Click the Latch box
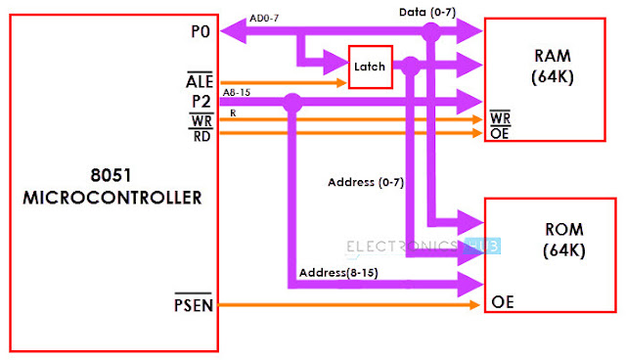click(x=370, y=68)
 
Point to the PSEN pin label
click(x=194, y=308)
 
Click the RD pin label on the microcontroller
click(x=202, y=135)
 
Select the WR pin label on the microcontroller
click(x=202, y=118)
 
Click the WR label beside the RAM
click(x=499, y=118)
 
